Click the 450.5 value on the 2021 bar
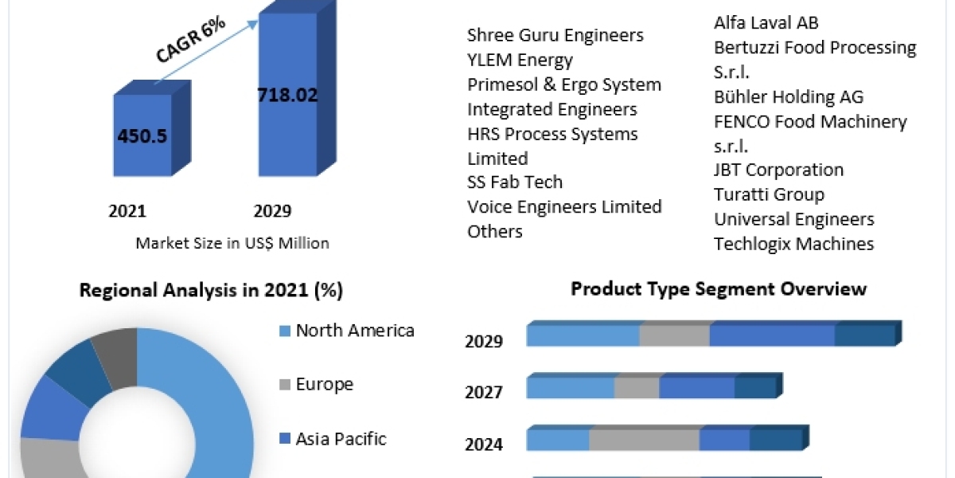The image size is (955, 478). click(x=142, y=136)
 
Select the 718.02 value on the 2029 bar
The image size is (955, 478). click(x=287, y=96)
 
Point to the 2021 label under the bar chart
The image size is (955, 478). click(x=127, y=211)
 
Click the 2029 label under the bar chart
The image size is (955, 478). click(x=272, y=211)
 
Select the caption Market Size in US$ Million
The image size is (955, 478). click(x=232, y=243)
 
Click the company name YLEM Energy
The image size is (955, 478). click(x=520, y=60)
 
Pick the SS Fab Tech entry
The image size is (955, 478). click(x=515, y=182)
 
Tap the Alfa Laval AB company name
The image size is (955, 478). click(x=766, y=22)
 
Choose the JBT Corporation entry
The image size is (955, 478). click(x=778, y=170)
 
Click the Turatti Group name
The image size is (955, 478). click(x=769, y=194)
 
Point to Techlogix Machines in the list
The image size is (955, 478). click(x=793, y=244)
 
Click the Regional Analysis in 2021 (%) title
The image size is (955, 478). click(x=211, y=291)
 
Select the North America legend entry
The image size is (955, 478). click(x=355, y=331)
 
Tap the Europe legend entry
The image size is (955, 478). click(x=324, y=384)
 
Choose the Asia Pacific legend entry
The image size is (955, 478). click(x=341, y=438)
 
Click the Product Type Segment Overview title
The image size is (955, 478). click(x=718, y=288)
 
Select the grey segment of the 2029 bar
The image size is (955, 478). click(x=674, y=335)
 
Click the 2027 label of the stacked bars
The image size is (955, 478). click(x=484, y=392)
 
